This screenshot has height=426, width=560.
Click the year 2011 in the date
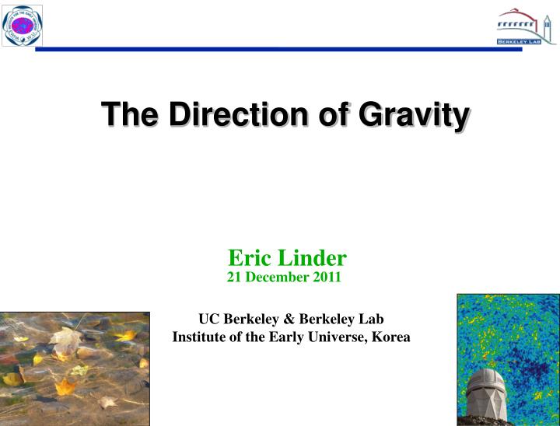point(327,276)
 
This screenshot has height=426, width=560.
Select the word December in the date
point(277,276)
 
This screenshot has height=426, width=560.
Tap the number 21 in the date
point(233,276)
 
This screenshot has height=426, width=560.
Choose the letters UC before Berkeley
point(208,319)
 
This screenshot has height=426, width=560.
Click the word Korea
point(391,337)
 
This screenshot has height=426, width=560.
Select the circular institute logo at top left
point(22,25)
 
